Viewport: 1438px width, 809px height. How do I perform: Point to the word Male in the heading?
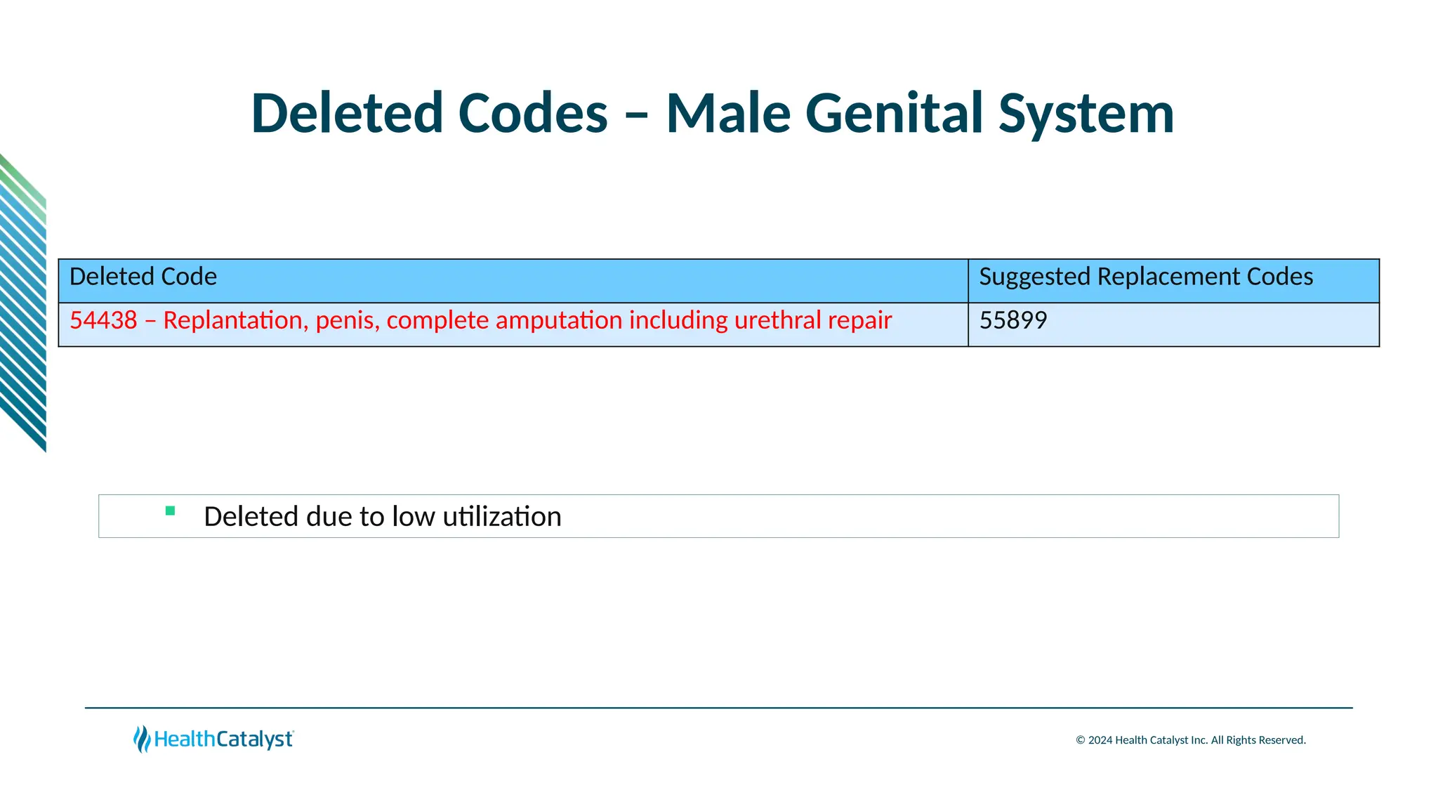728,114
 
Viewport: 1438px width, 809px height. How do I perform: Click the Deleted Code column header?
143,277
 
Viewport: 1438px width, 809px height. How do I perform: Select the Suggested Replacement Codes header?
1145,277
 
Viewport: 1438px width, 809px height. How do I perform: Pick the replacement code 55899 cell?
1013,320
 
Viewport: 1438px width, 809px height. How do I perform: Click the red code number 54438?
103,320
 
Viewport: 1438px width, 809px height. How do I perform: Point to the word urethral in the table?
777,320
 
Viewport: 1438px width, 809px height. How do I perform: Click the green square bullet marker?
170,511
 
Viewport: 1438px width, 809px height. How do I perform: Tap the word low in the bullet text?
414,517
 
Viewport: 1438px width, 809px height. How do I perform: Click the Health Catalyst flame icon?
142,739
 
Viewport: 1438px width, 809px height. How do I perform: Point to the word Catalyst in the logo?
254,739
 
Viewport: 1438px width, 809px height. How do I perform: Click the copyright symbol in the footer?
1080,740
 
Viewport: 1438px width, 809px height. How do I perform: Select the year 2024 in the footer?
1100,740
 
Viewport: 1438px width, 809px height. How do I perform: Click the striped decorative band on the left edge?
22,302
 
